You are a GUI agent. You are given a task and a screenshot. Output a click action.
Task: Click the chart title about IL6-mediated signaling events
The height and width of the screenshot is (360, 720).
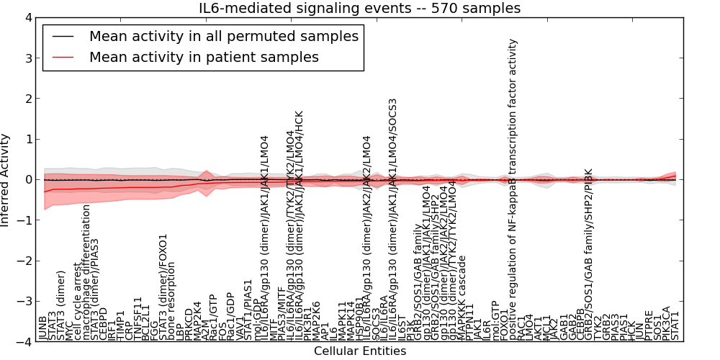coord(359,9)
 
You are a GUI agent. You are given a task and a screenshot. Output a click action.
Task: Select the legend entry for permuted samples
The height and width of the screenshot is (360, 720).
coord(223,36)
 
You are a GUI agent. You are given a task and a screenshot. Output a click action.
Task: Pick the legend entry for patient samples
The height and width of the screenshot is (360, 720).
coord(204,57)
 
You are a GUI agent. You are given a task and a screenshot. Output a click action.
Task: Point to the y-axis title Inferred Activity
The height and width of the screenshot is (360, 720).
coord(6,179)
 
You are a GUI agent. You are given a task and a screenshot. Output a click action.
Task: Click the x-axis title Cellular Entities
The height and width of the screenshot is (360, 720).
coord(359,351)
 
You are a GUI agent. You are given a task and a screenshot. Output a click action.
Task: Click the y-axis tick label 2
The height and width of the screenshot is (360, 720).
coord(27,99)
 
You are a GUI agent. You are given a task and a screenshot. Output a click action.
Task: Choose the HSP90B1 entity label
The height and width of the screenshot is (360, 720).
coord(359,317)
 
